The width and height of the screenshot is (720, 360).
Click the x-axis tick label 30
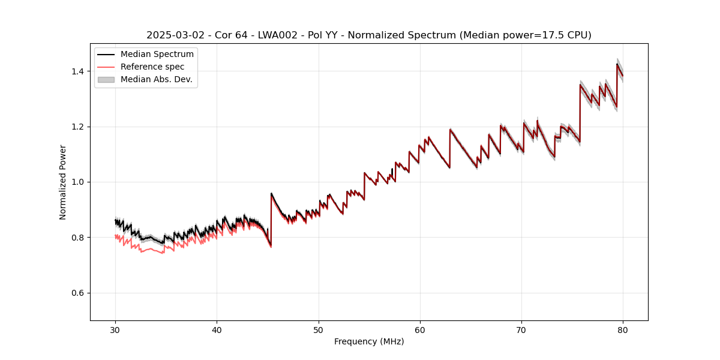(x=115, y=330)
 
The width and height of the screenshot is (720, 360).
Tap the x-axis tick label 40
(x=217, y=330)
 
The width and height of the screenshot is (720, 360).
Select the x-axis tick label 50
(x=319, y=330)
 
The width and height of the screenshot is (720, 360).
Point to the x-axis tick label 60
(x=420, y=330)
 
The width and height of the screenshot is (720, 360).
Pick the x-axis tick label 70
(x=521, y=330)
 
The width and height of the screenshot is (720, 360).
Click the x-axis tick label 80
(x=623, y=330)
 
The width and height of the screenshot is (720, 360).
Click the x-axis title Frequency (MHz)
(x=369, y=341)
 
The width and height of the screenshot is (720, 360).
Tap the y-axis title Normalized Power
(x=63, y=182)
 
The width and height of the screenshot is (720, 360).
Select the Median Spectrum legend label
(x=157, y=55)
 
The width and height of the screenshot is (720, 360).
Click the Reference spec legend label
(x=152, y=67)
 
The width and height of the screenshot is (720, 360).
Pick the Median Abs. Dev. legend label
(x=156, y=79)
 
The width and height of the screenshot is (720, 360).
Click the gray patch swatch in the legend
(x=107, y=79)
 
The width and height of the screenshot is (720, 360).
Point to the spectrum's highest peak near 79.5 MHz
(x=617, y=64)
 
